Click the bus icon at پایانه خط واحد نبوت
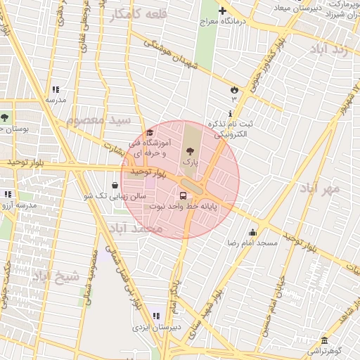coord(184,196)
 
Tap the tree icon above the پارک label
coord(188,150)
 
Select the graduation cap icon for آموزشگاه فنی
coord(149,134)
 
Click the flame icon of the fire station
coord(234,89)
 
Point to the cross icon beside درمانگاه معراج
coord(223,11)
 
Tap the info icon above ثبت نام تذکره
coord(230,114)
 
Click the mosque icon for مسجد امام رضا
coord(252,233)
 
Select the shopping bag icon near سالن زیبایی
coord(115,186)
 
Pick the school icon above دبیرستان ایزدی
coord(155,316)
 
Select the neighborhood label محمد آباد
coord(137,229)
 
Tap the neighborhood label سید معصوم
coord(99,120)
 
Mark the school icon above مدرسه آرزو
coord(8,194)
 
